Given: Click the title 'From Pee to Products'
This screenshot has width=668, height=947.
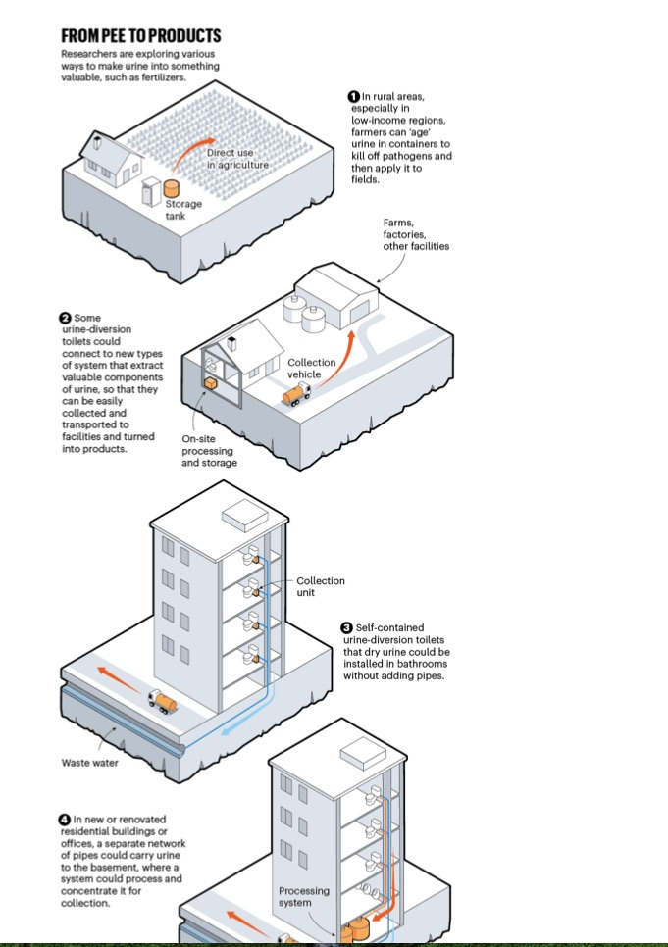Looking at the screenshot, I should click(x=140, y=36).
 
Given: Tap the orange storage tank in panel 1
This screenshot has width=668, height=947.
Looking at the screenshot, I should click(x=172, y=186).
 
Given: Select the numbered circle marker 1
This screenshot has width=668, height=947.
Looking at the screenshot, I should click(x=354, y=96).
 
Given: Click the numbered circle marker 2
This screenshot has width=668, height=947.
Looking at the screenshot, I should click(x=66, y=319).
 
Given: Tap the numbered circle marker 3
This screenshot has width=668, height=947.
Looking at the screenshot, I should click(x=347, y=627).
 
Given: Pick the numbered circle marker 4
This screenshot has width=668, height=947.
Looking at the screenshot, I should click(x=66, y=819).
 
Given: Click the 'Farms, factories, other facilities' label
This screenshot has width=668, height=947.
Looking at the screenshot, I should click(x=415, y=234).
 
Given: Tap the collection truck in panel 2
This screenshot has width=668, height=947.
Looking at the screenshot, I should click(x=294, y=394).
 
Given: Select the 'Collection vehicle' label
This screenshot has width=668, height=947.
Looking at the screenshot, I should click(x=311, y=369).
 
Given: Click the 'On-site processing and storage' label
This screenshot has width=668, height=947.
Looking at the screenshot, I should click(x=209, y=451).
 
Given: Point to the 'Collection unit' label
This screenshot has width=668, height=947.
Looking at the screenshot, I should click(x=320, y=586).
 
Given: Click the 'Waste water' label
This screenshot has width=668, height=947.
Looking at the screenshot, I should click(x=90, y=763).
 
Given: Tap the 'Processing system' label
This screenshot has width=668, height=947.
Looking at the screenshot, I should click(x=303, y=897).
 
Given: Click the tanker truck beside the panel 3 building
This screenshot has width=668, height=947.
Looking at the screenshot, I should click(x=162, y=700).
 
